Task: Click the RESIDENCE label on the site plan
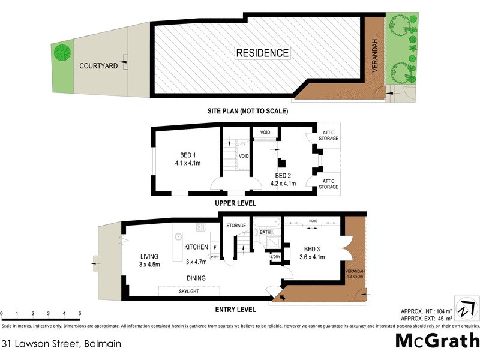[x=262, y=53]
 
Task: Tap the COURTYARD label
[x=98, y=66]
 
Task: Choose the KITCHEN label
[x=196, y=247]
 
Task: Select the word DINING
[x=196, y=278]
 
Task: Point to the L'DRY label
[x=275, y=257]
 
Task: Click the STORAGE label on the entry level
[x=236, y=226]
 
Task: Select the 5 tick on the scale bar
[x=80, y=314]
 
